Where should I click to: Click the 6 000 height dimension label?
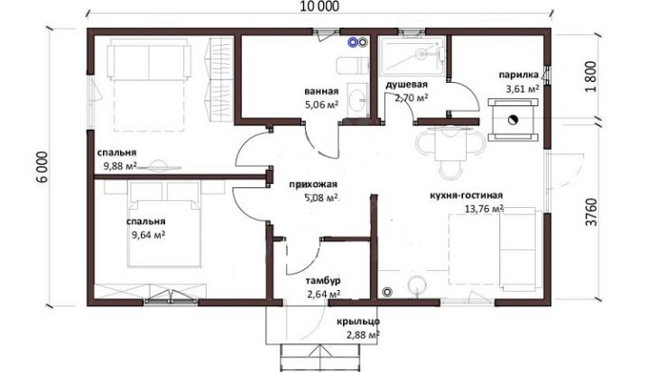pyautogui.click(x=42, y=167)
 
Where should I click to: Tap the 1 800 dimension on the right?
pyautogui.click(x=592, y=77)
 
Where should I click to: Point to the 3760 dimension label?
pyautogui.click(x=592, y=212)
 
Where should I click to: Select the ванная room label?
pyautogui.click(x=321, y=91)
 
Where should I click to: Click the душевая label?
pyautogui.click(x=407, y=85)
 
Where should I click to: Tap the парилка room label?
pyautogui.click(x=519, y=75)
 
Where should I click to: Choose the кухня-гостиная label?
pyautogui.click(x=467, y=195)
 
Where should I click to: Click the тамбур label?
pyautogui.click(x=323, y=281)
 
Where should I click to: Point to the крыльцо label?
pyautogui.click(x=358, y=322)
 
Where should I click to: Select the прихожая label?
pyautogui.click(x=313, y=185)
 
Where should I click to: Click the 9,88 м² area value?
pyautogui.click(x=120, y=167)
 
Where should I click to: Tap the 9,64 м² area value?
pyautogui.click(x=148, y=235)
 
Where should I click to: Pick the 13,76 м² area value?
pyautogui.click(x=484, y=209)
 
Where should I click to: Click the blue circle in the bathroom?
pyautogui.click(x=353, y=41)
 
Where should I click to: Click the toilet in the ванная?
pyautogui.click(x=352, y=65)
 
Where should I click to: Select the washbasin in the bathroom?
pyautogui.click(x=357, y=100)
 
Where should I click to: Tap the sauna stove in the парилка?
pyautogui.click(x=513, y=120)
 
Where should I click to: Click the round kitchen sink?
pyautogui.click(x=417, y=286)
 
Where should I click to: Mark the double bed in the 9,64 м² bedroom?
pyautogui.click(x=164, y=225)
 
